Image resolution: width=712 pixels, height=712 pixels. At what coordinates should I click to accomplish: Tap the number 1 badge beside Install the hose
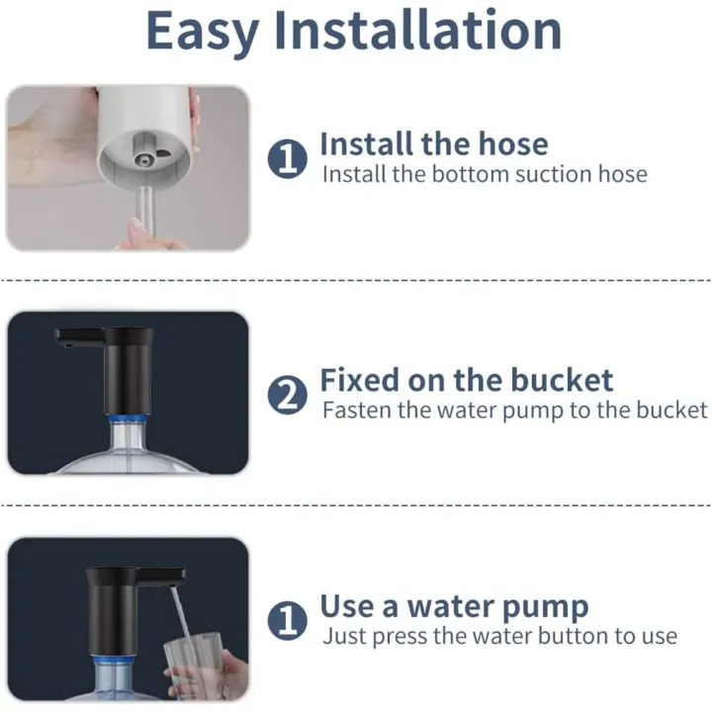(x=288, y=158)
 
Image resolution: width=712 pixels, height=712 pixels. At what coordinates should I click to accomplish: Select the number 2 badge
(x=288, y=396)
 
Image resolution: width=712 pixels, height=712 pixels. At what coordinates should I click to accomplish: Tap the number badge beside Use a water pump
(x=288, y=621)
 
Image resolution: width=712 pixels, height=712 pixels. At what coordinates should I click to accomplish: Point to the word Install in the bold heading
(x=366, y=143)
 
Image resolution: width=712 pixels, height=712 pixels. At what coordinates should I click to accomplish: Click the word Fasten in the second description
(x=357, y=410)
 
